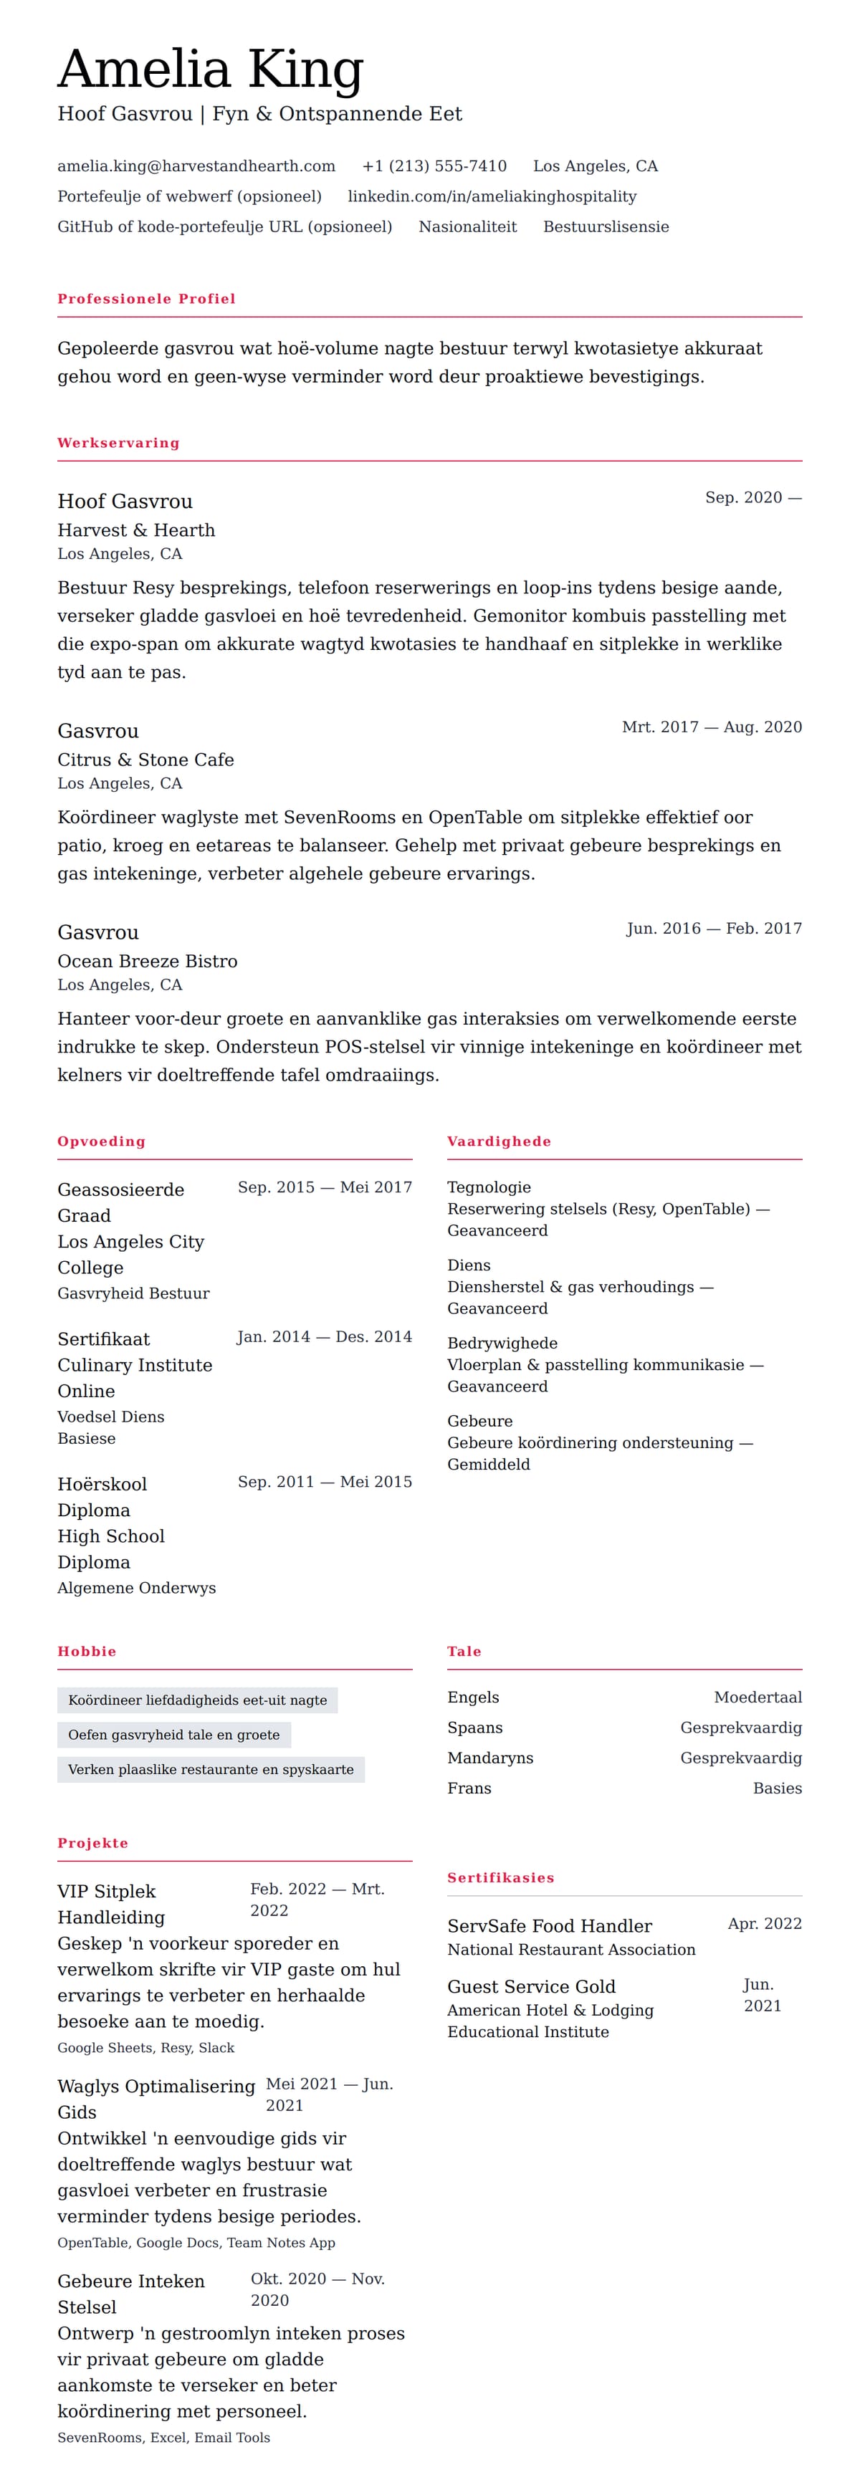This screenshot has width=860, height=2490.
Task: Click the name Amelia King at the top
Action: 210,70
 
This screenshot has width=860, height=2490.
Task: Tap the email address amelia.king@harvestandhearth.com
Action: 196,166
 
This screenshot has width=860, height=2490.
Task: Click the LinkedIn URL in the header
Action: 492,196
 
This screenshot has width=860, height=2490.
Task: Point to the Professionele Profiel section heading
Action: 146,299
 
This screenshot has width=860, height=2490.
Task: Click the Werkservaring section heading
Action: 118,443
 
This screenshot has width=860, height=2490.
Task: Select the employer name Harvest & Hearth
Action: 136,530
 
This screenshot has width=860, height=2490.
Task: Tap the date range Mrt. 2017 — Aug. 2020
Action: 711,727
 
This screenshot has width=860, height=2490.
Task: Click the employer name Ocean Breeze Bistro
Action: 147,961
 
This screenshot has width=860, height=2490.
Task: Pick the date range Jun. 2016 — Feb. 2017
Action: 714,928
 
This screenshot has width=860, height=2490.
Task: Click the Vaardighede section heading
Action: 499,1141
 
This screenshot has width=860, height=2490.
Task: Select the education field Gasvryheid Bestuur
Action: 133,1293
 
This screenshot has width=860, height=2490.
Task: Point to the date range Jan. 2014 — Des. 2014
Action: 324,1337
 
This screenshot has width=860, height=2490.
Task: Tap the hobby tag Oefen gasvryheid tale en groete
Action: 174,1735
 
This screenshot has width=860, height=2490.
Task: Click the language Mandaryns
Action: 490,1757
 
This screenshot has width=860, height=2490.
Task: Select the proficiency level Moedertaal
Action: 758,1697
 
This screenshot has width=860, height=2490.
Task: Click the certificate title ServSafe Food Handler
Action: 549,1925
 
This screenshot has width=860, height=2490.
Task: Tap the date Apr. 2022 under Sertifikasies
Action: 765,1923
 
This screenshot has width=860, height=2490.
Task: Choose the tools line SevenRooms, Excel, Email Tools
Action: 163,2438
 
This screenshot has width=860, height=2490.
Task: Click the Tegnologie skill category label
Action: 489,1187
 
